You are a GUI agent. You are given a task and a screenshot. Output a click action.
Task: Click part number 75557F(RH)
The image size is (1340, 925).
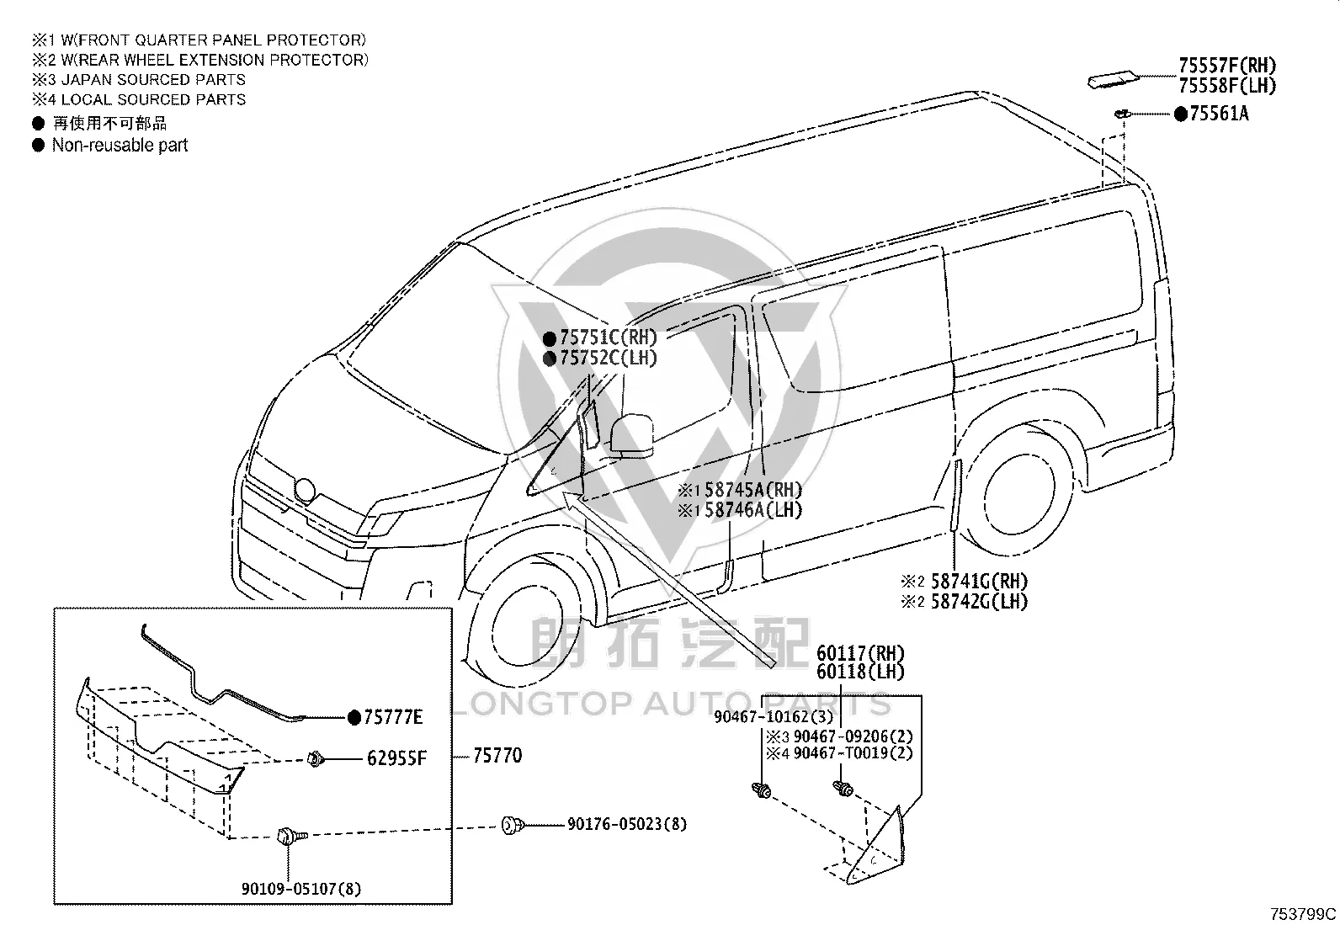[x=1227, y=65]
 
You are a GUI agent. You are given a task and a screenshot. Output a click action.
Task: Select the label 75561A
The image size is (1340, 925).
[x=1219, y=114]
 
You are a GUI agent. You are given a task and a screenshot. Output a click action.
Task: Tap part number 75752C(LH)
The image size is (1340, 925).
[x=608, y=358]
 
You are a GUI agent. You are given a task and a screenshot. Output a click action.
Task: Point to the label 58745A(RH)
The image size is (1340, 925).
[x=752, y=490]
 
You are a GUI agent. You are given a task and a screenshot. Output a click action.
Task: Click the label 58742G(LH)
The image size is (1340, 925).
[x=979, y=601]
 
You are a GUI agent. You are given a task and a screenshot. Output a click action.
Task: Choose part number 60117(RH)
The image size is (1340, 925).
[x=860, y=653]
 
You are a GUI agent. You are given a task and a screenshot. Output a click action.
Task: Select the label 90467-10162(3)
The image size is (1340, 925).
[x=773, y=717]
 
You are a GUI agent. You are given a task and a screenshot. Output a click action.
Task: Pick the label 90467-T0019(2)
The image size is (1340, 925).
[x=853, y=752]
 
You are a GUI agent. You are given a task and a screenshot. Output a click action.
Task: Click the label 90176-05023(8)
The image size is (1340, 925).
[x=626, y=824]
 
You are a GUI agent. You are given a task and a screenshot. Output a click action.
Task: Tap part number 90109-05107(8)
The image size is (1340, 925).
[x=300, y=889]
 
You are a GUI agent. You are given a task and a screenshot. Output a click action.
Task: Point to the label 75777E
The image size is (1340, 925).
[x=393, y=717]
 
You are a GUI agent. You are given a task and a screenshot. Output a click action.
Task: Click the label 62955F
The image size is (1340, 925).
[x=396, y=758]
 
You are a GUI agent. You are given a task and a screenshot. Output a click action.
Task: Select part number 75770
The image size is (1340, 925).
[x=497, y=756]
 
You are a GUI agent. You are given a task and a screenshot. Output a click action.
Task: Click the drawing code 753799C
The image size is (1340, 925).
[x=1303, y=914]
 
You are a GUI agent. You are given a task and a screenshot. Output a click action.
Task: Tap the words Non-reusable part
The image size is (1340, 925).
[x=120, y=145]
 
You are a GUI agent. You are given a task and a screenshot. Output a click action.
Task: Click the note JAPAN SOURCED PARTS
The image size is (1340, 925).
[x=153, y=80]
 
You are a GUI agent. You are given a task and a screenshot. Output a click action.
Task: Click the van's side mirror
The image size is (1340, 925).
[x=631, y=433]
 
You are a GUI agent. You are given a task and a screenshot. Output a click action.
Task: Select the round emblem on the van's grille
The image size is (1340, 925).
[x=305, y=490]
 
